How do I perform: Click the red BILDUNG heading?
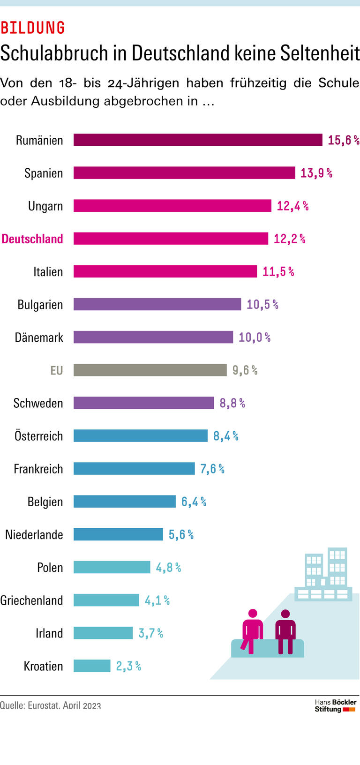pyautogui.click(x=33, y=28)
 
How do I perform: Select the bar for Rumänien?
pyautogui.click(x=198, y=140)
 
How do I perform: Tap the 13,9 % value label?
pyautogui.click(x=316, y=173)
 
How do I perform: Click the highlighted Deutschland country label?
pyautogui.click(x=32, y=239)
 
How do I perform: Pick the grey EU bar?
pyautogui.click(x=150, y=370)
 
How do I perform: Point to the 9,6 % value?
pyautogui.click(x=245, y=370)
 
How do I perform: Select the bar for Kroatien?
pyautogui.click(x=92, y=666)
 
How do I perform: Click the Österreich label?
pyautogui.click(x=38, y=436)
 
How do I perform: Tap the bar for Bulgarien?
pyautogui.click(x=157, y=304)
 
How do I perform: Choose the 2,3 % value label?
pyautogui.click(x=128, y=666)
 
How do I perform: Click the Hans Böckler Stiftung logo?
pyautogui.click(x=335, y=705)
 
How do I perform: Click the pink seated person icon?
pyautogui.click(x=252, y=630)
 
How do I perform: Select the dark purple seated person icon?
pyautogui.click(x=285, y=631)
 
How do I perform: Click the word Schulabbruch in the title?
pyautogui.click(x=54, y=53)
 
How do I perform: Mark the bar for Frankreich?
pyautogui.click(x=134, y=469)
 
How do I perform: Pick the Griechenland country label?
pyautogui.click(x=31, y=600)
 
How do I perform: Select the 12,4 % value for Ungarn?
pyautogui.click(x=292, y=206)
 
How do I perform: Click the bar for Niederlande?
pyautogui.click(x=118, y=534)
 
